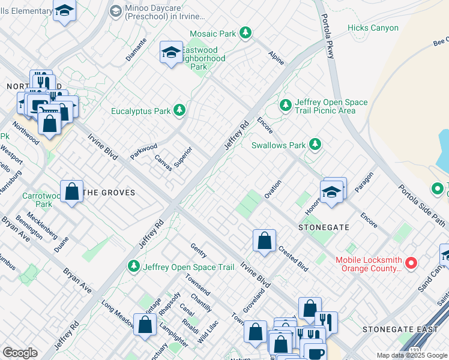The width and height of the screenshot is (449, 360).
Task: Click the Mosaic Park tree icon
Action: [245, 34]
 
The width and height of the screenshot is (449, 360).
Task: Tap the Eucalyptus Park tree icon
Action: [179, 110]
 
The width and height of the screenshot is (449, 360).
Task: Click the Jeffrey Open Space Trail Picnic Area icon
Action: [285, 106]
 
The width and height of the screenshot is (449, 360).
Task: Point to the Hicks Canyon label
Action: [373, 28]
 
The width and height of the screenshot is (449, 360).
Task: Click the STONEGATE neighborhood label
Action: [324, 228]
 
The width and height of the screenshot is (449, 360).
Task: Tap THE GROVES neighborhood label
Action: [109, 193]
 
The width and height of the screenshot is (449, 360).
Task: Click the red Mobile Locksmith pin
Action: [411, 263]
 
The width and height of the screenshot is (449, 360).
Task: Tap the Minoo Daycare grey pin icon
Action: [115, 10]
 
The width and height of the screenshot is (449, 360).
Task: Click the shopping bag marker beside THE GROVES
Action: [71, 193]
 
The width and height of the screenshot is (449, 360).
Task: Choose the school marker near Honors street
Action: [331, 192]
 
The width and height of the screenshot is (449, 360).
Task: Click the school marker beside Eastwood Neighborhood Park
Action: [171, 53]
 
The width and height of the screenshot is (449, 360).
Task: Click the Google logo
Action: [20, 353]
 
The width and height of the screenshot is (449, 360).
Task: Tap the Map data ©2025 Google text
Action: [412, 355]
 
